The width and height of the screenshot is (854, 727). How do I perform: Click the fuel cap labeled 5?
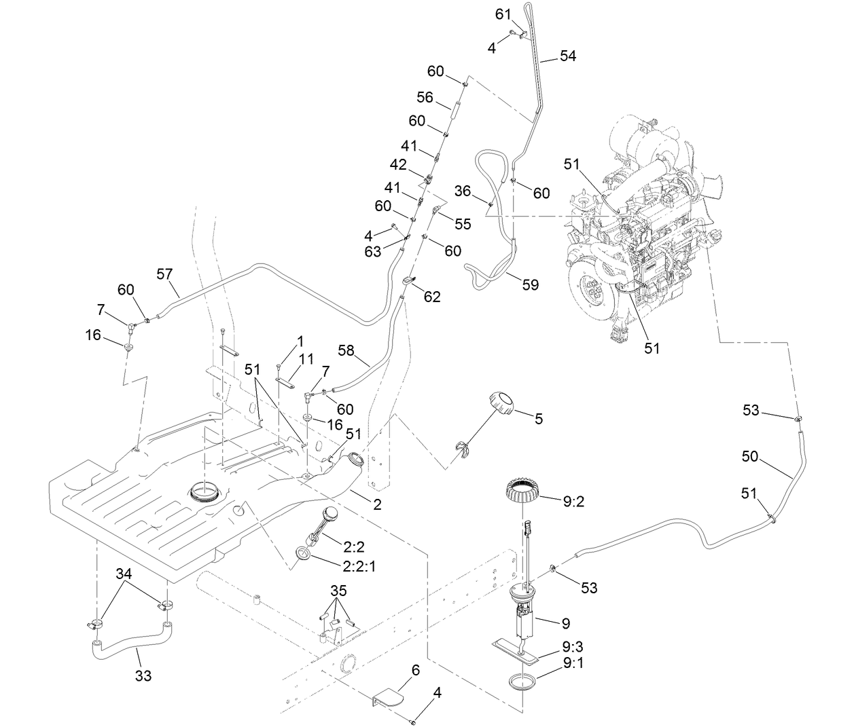pyautogui.click(x=501, y=405)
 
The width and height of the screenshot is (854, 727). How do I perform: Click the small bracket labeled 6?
pyautogui.click(x=389, y=698)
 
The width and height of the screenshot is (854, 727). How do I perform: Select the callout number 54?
pyautogui.click(x=567, y=56)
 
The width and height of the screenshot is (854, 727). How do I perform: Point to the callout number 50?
pyautogui.click(x=749, y=457)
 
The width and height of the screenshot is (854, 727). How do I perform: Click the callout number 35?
pyautogui.click(x=338, y=588)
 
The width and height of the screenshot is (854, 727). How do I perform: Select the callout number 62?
pyautogui.click(x=431, y=297)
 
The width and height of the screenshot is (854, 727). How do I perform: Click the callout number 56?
pyautogui.click(x=425, y=98)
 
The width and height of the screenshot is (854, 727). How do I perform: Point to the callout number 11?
pyautogui.click(x=306, y=357)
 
